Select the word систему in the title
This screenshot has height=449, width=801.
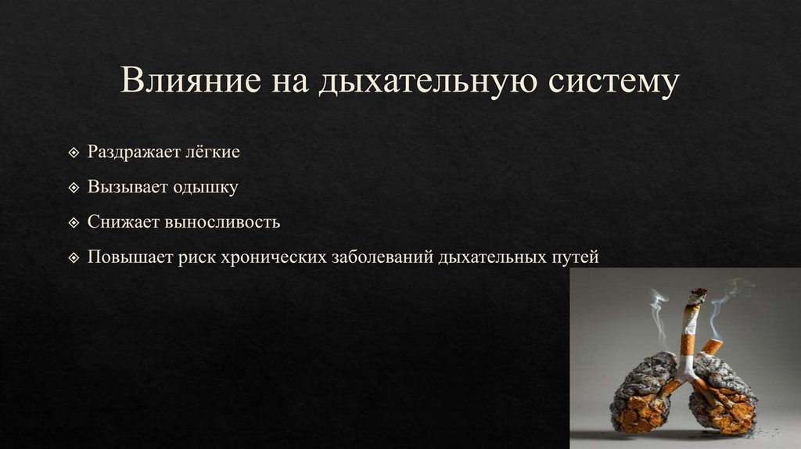point(611,84)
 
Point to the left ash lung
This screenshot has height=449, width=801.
point(642,393)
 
